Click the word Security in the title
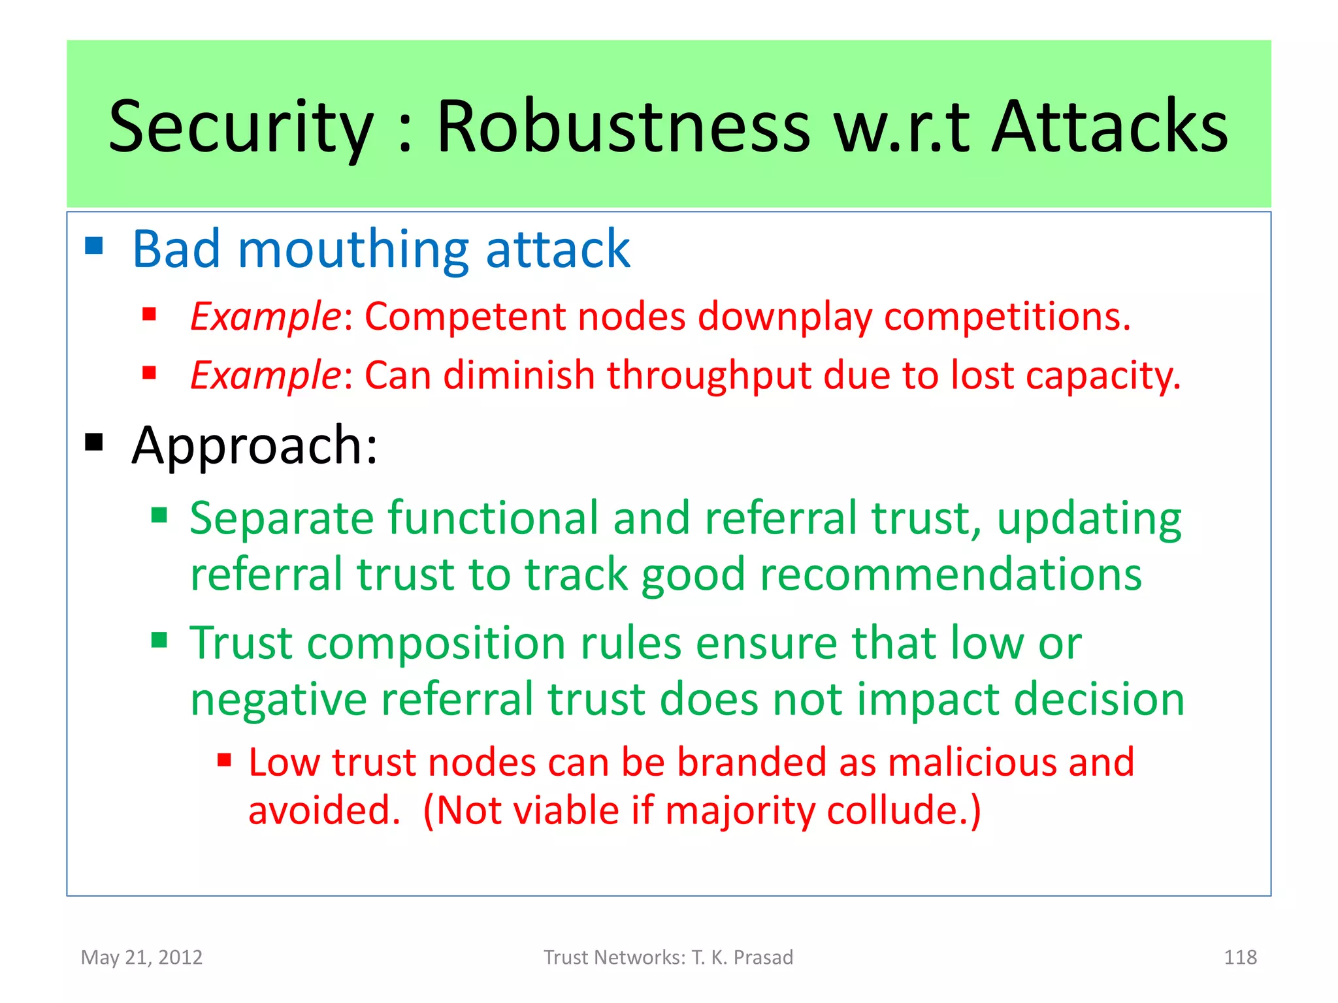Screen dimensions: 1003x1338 pos(240,127)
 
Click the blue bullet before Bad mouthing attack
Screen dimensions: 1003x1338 pos(94,246)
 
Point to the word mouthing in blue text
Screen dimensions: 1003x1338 pos(353,250)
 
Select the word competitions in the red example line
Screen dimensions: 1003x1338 pos(1006,317)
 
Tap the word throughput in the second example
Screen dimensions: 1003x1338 pos(708,376)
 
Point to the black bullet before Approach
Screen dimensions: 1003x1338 pos(94,442)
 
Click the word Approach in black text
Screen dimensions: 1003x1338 pos(248,446)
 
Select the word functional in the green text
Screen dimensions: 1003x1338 pos(493,518)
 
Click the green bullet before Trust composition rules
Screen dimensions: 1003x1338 pos(159,639)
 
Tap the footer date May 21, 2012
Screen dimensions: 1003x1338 pos(141,957)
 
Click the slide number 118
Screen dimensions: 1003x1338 pos(1239,957)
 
